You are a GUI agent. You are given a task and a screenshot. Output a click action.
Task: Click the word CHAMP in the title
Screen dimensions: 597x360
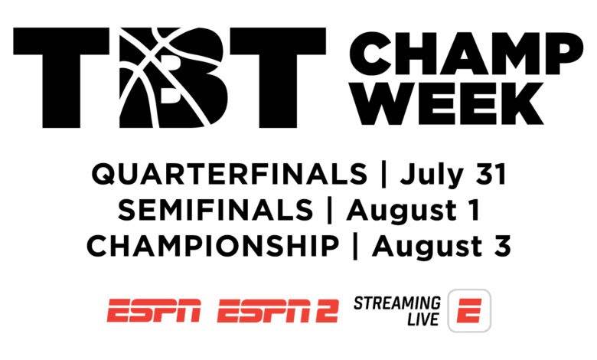(466, 54)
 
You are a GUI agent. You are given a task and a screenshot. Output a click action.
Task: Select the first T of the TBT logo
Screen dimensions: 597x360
(61, 77)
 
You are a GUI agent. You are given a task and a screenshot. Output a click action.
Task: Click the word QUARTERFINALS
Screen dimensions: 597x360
(229, 175)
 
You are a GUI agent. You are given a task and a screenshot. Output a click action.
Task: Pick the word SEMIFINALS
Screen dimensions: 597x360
(216, 210)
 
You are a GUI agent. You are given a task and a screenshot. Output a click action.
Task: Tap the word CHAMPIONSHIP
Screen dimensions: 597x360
(213, 246)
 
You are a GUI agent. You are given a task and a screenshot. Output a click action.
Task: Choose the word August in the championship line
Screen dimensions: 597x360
(428, 247)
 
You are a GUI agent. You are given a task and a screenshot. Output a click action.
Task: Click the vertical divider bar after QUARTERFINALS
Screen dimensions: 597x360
(383, 175)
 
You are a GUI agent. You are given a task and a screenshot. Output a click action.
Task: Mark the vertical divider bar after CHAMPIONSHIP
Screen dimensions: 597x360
(356, 247)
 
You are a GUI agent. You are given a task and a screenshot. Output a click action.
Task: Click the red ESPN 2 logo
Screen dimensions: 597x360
(278, 310)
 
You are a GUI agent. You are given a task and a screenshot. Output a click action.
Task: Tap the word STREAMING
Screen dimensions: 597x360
(397, 303)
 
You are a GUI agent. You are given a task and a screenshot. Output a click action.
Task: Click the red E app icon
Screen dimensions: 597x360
(469, 310)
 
